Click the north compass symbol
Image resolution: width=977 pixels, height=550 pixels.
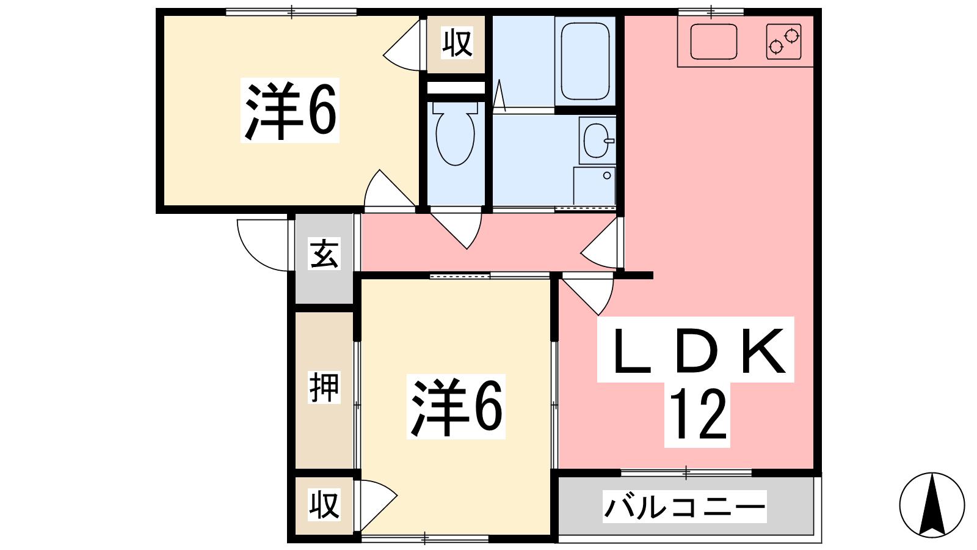pyautogui.click(x=932, y=505)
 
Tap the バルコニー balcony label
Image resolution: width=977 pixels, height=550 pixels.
pyautogui.click(x=685, y=507)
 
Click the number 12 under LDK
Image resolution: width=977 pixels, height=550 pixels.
pyautogui.click(x=697, y=415)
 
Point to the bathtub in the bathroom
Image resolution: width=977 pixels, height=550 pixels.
pyautogui.click(x=585, y=61)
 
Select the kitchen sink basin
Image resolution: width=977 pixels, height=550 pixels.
pyautogui.click(x=714, y=42)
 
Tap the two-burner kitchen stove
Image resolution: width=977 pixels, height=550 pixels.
pyautogui.click(x=784, y=42)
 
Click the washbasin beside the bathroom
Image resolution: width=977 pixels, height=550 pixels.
pyautogui.click(x=597, y=140)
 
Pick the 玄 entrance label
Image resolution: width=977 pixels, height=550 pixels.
pyautogui.click(x=324, y=254)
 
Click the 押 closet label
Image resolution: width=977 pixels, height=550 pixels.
pyautogui.click(x=324, y=387)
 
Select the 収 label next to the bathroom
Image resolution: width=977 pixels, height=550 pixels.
pyautogui.click(x=457, y=42)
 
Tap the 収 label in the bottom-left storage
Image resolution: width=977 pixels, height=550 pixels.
pyautogui.click(x=324, y=505)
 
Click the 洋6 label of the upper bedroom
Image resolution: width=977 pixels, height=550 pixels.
pyautogui.click(x=291, y=110)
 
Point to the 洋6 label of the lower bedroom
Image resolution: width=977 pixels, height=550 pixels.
pyautogui.click(x=456, y=407)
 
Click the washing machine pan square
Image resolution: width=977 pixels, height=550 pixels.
pyautogui.click(x=595, y=186)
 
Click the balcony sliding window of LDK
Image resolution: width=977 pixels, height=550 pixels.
pyautogui.click(x=686, y=473)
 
